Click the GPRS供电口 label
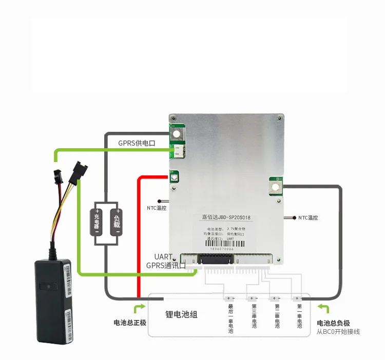pyautogui.click(x=137, y=143)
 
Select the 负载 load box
pyautogui.click(x=118, y=221)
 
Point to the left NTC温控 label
pyautogui.click(x=156, y=208)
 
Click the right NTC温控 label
pyautogui.click(x=308, y=217)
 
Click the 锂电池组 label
pyautogui.click(x=181, y=314)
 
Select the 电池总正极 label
pyautogui.click(x=130, y=323)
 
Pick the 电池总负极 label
pyautogui.click(x=333, y=323)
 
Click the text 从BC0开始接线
pyautogui.click(x=338, y=332)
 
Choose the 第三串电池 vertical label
pyautogui.click(x=254, y=317)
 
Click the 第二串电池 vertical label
pyautogui.click(x=276, y=317)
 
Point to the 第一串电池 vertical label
pyautogui.click(x=299, y=317)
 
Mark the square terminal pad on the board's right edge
pyautogui.click(x=276, y=186)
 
